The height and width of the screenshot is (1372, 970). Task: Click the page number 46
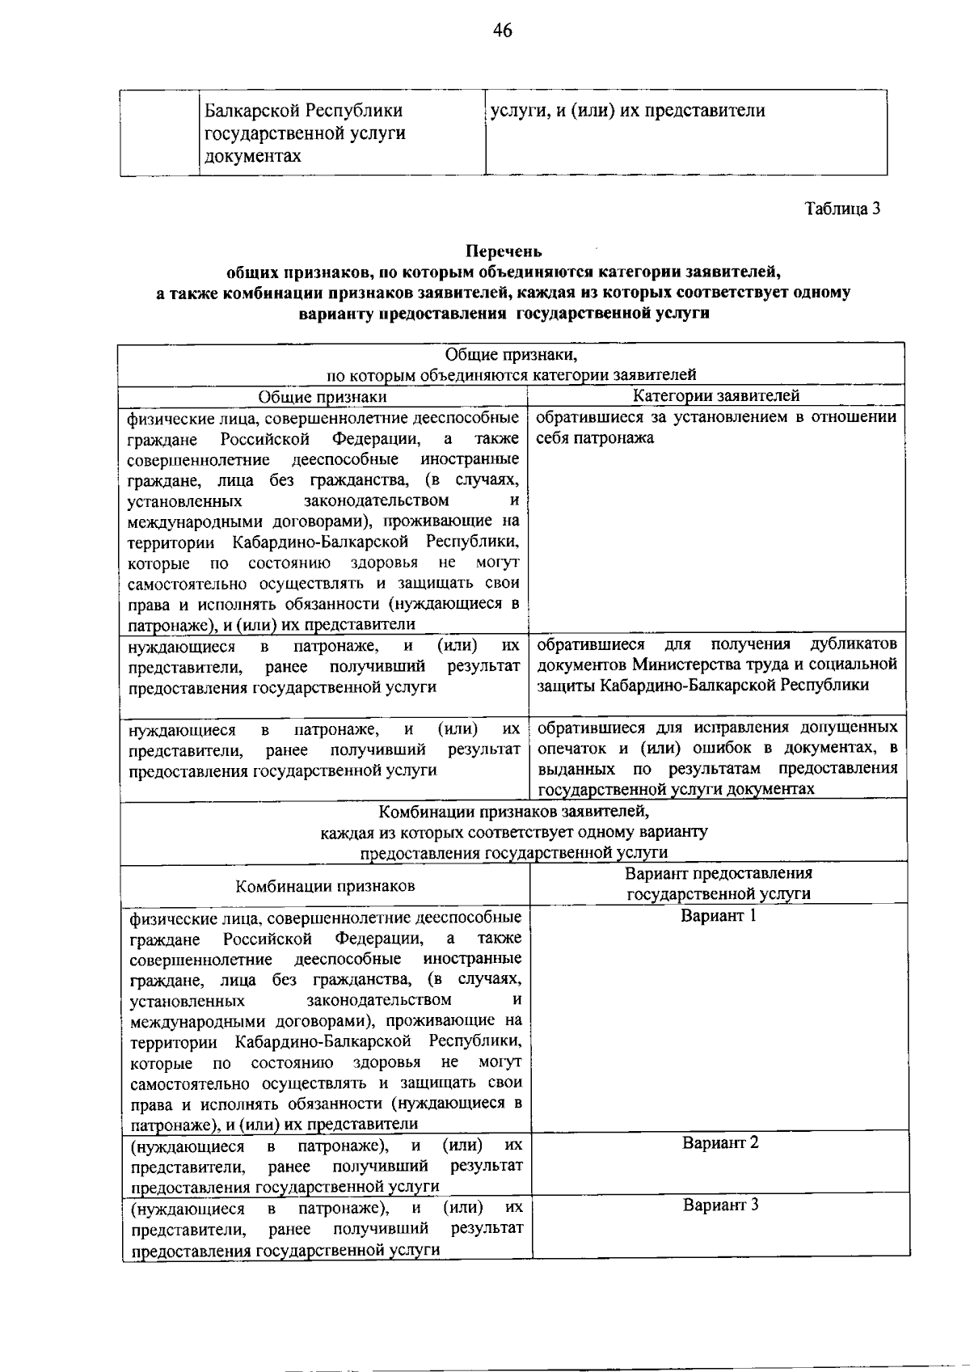tap(502, 31)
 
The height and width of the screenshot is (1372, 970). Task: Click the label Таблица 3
tap(841, 209)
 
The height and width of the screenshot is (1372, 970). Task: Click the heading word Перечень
tap(504, 252)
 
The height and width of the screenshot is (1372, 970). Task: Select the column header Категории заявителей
tap(715, 395)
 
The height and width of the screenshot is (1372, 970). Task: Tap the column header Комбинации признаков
tap(325, 885)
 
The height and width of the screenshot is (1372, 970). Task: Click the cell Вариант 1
tap(719, 916)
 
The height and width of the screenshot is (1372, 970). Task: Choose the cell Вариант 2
tap(719, 1143)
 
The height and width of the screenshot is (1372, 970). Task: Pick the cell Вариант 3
tap(720, 1205)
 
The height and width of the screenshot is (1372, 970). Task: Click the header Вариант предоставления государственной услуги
tap(719, 884)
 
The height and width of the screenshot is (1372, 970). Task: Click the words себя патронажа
tap(595, 438)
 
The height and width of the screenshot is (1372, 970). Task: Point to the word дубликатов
tap(853, 644)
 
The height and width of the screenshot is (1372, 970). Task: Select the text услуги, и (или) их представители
tap(627, 111)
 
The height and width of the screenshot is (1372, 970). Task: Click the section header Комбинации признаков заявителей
tap(512, 810)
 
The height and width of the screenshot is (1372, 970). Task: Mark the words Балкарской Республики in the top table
tap(303, 111)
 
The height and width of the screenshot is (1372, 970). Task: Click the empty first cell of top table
tap(159, 133)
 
